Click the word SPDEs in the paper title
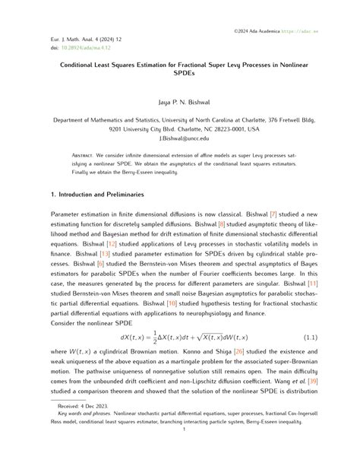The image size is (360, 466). [x=180, y=77]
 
